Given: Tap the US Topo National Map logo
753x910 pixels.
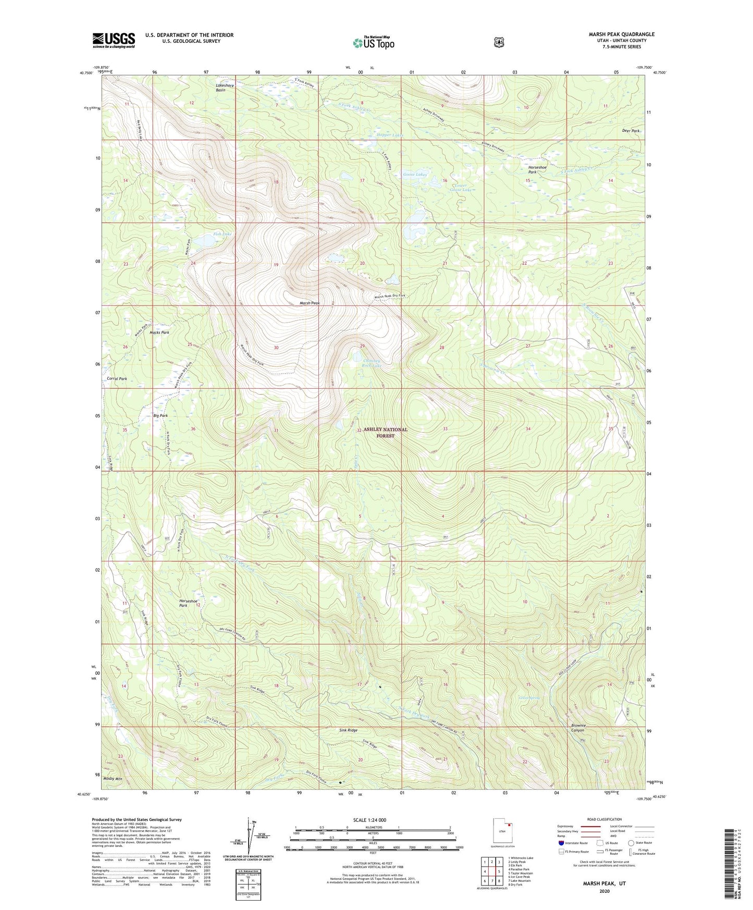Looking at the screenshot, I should coord(373,43).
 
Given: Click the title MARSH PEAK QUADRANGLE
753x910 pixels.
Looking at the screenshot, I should coord(621,34).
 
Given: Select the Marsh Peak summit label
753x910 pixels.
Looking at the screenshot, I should coord(310,303).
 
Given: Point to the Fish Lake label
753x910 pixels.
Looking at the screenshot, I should coord(223,234).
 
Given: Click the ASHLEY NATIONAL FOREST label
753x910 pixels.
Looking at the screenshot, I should coord(385,432).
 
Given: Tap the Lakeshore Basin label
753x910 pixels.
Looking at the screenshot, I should coord(225,88).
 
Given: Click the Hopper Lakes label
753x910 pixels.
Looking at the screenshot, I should coord(390,135).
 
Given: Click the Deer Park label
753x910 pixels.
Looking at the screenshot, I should coord(631,131).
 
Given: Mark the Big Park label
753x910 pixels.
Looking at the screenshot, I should coord(161,415).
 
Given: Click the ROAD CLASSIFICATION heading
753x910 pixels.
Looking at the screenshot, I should coord(604,819).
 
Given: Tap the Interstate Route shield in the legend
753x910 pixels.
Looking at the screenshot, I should coord(561,843).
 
